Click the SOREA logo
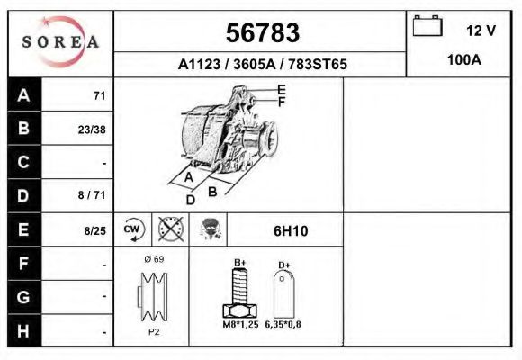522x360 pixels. (60, 42)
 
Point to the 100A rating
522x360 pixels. (463, 61)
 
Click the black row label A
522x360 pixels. (23, 95)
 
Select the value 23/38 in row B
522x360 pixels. (92, 129)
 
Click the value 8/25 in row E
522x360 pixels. (94, 230)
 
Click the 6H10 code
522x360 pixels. (290, 231)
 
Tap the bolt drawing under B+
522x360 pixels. (240, 294)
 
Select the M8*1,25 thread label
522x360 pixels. (238, 324)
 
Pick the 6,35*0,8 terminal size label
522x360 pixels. (283, 324)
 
